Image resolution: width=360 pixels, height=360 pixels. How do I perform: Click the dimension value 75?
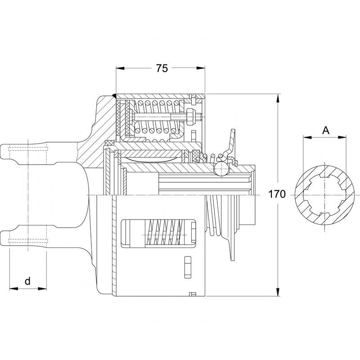click(162, 68)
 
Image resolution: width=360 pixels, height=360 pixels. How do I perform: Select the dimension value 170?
click(277, 194)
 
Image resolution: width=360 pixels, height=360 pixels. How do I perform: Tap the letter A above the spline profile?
click(326, 130)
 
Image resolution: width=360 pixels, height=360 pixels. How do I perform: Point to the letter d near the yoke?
click(27, 281)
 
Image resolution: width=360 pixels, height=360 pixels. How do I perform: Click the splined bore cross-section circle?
click(324, 194)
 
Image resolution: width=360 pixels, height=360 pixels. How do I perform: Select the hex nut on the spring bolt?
click(189, 118)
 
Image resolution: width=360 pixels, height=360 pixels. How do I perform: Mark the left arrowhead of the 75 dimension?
click(119, 68)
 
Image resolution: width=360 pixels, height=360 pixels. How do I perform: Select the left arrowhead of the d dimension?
click(12, 288)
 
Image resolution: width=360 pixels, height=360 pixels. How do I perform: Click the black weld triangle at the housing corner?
click(114, 95)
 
